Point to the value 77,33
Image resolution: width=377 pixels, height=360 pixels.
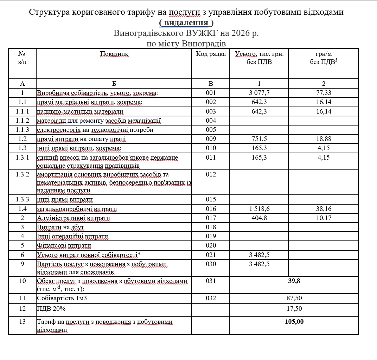324,93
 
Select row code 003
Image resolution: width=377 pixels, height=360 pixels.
211,111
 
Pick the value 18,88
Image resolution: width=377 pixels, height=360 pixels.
324,139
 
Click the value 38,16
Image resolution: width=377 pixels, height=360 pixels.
324,209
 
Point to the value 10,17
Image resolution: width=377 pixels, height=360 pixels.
324,218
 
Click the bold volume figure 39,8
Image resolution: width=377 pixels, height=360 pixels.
294,281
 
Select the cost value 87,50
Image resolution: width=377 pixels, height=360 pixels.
294,298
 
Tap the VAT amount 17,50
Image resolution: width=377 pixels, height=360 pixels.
294,308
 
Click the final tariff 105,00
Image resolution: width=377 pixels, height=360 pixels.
294,321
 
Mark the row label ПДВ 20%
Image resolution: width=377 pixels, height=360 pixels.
51,308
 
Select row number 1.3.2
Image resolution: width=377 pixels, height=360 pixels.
23,174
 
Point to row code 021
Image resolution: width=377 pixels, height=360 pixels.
211,255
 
